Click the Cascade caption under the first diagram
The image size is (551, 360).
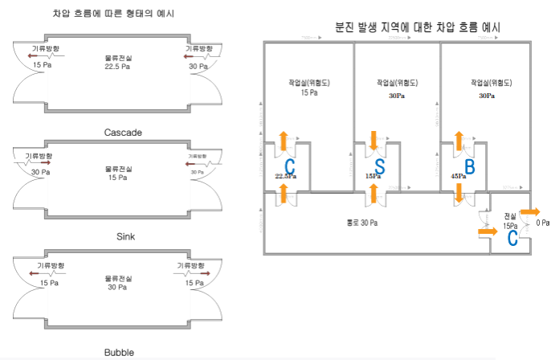pyautogui.click(x=123, y=132)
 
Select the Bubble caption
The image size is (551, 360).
pyautogui.click(x=120, y=352)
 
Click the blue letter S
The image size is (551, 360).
pyautogui.click(x=379, y=168)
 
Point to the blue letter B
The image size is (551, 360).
pyautogui.click(x=470, y=167)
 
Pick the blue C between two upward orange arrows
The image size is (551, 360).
pyautogui.click(x=290, y=167)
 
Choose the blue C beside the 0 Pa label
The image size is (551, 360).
pyautogui.click(x=513, y=238)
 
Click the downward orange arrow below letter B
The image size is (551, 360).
pyautogui.click(x=459, y=194)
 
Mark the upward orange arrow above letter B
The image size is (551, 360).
pyautogui.click(x=459, y=140)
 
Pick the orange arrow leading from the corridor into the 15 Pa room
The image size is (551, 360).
pyautogui.click(x=488, y=233)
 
